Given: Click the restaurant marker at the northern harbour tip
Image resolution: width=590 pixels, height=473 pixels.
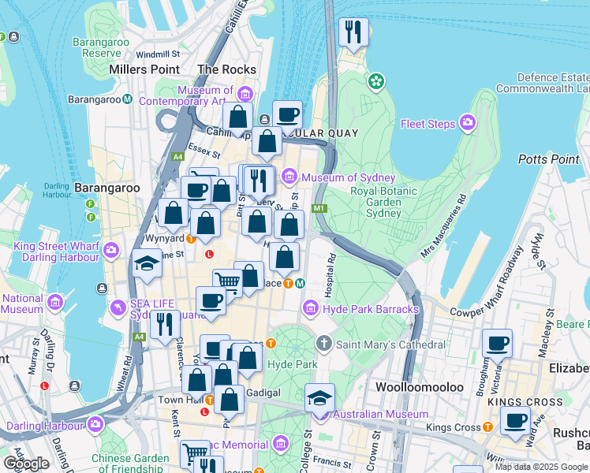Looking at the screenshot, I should [353, 33].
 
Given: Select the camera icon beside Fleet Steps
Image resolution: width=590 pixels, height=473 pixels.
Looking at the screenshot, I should [468, 123].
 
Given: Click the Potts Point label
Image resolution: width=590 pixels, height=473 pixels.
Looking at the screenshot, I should [549, 159].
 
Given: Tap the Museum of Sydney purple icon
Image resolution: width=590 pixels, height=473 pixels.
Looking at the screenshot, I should [289, 175].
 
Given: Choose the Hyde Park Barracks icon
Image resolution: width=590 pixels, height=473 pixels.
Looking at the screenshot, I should [310, 307].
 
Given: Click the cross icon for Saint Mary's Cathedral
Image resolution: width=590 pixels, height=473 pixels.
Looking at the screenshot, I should [323, 344].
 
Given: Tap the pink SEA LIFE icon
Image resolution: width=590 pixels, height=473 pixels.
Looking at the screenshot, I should [119, 306].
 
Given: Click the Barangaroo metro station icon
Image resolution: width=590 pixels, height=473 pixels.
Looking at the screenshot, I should [127, 99].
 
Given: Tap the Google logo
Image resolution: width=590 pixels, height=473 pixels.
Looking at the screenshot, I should [25, 463].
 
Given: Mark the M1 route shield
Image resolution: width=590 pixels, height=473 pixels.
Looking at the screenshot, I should [319, 208].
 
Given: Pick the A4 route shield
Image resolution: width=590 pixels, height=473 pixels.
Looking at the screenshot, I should [139, 337].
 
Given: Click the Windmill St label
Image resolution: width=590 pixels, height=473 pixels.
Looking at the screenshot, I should [158, 54].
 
